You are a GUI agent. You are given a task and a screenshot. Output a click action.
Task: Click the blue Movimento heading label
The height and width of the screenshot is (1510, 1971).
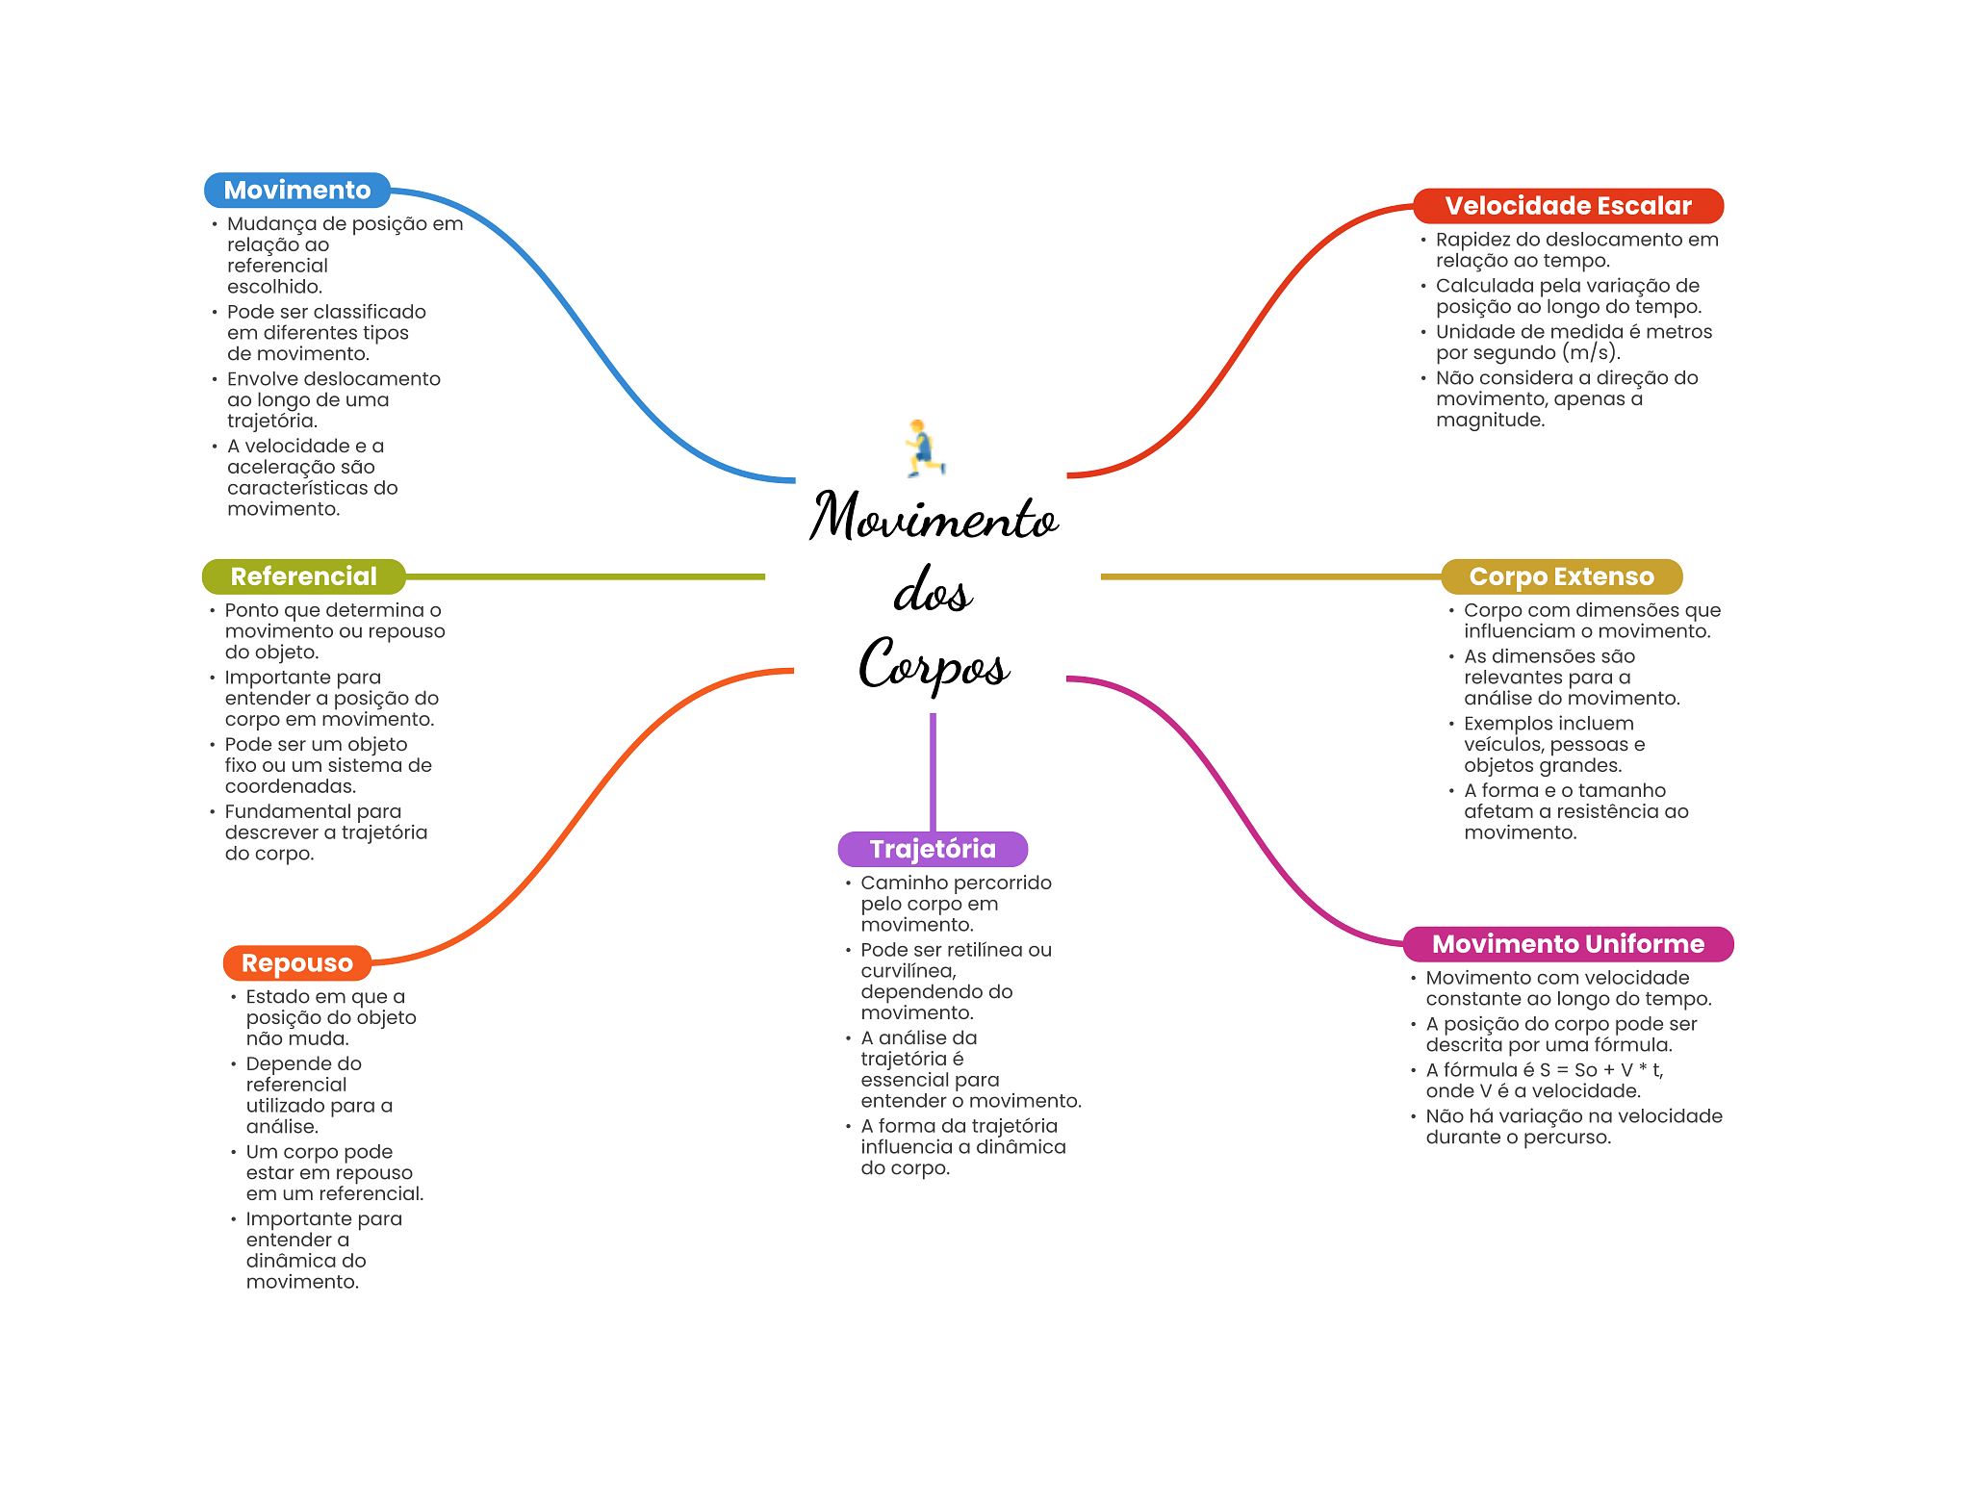[296, 191]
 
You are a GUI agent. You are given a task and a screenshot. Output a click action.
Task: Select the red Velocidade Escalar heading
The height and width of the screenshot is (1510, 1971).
[1567, 206]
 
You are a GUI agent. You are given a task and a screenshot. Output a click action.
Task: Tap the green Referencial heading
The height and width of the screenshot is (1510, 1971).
[303, 576]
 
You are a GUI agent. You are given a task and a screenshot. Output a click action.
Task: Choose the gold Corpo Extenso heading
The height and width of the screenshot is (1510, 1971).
[1561, 576]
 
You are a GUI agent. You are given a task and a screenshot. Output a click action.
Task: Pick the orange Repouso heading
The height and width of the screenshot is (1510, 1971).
[296, 963]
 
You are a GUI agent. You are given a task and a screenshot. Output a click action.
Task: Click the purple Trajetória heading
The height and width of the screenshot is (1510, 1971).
[933, 849]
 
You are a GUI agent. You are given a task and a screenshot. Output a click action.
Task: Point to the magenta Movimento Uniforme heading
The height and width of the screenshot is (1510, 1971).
[1568, 944]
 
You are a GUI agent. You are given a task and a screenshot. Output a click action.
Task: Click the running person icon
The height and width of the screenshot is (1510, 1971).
[924, 448]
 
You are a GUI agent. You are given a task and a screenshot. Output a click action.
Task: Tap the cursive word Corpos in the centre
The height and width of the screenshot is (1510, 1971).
[934, 663]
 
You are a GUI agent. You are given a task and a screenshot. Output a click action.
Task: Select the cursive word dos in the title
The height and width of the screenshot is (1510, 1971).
[933, 591]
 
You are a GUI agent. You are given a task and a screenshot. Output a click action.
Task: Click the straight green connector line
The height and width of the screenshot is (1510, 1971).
[585, 576]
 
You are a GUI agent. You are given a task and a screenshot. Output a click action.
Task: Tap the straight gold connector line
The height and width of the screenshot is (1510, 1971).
[1270, 576]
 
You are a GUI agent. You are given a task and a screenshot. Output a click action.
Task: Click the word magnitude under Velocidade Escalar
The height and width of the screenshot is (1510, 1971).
[1490, 421]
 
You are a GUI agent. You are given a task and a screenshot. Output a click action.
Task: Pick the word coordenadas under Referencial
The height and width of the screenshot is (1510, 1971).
[290, 787]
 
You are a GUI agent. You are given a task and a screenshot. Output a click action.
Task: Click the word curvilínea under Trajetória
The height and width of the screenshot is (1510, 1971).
[908, 971]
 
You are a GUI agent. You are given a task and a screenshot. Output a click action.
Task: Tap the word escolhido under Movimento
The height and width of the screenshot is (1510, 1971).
[274, 287]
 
